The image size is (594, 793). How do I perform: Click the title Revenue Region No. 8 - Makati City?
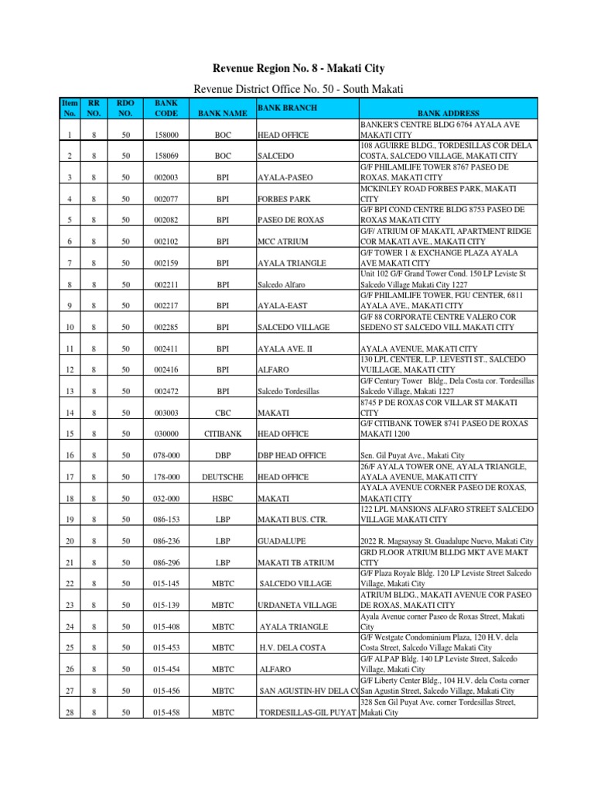coord(297,69)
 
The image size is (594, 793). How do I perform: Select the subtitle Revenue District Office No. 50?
coord(297,90)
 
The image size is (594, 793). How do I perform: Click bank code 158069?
coord(166,156)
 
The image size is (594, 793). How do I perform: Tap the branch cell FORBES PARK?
coord(282,199)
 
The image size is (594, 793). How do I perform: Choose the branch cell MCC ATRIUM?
coord(282,242)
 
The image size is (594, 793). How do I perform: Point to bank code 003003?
coord(166,413)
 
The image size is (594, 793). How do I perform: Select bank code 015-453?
coord(166,647)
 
